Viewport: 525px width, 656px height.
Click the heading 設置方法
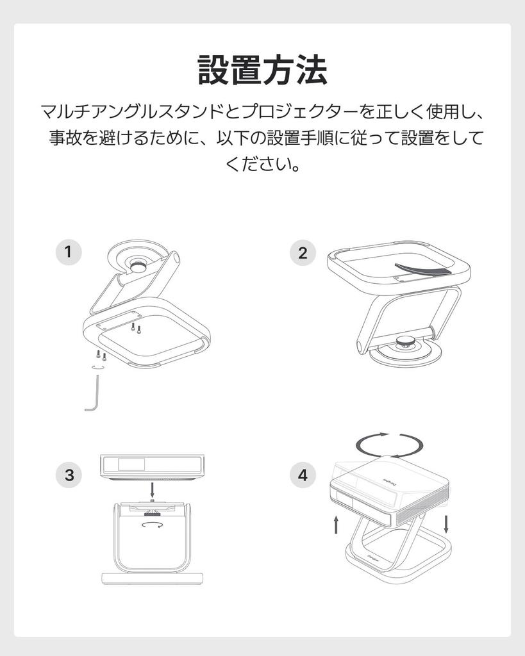(x=263, y=70)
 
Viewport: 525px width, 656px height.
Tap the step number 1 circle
(x=69, y=252)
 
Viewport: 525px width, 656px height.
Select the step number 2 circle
(x=303, y=252)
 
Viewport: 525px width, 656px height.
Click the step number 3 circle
(x=69, y=475)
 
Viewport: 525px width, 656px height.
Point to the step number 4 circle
(x=303, y=475)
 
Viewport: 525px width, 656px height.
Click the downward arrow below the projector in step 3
(x=153, y=490)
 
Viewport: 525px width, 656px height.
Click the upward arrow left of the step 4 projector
(x=336, y=525)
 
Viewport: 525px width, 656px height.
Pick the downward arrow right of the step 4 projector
(x=446, y=524)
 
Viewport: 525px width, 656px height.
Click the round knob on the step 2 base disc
(x=405, y=342)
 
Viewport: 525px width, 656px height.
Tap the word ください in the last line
(x=256, y=163)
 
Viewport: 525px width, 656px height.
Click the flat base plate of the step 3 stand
(x=153, y=578)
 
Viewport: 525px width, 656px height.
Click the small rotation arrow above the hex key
(x=98, y=367)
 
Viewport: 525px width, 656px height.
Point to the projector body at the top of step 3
(x=153, y=466)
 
